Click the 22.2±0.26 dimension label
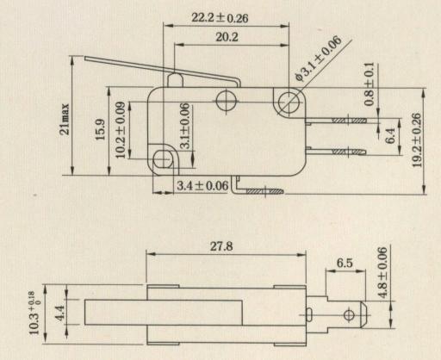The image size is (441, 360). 220,18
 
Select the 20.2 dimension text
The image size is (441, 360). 227,37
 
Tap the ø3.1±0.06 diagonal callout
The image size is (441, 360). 319,59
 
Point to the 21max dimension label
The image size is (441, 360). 65,119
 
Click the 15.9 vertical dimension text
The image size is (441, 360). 100,130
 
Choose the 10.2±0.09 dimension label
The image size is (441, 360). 121,130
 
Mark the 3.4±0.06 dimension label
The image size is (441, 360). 202,186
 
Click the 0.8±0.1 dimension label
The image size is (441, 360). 370,84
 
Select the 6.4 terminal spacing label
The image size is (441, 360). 390,135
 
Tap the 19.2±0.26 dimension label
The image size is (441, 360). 417,140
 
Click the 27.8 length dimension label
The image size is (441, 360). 221,246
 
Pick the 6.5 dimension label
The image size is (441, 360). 345,263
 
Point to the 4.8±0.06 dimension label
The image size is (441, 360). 382,273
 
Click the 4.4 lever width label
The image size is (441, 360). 59,313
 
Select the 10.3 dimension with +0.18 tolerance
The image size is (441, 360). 35,313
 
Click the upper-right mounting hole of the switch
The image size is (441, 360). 289,102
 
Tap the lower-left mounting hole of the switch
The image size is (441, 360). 163,159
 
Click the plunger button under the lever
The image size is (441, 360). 175,80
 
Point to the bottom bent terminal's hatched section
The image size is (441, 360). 264,191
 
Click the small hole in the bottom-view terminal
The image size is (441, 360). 349,315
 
